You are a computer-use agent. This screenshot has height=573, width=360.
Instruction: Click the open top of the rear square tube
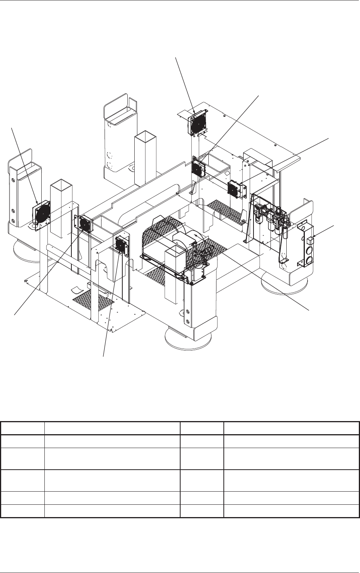click(x=145, y=135)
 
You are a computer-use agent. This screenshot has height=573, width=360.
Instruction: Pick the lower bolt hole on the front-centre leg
click(x=188, y=321)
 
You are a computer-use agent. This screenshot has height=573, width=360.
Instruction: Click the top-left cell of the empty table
click(x=22, y=428)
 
